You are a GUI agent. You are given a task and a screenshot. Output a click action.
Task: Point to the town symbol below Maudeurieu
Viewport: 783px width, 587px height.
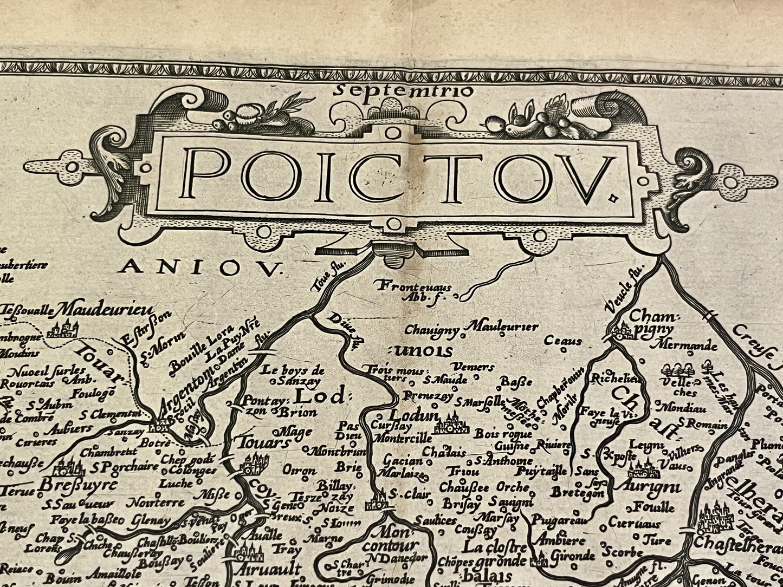point(62,327)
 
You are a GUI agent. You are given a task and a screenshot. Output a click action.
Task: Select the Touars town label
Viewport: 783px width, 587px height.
point(261,442)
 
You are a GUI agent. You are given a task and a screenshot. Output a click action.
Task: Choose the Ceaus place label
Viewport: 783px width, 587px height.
point(563,341)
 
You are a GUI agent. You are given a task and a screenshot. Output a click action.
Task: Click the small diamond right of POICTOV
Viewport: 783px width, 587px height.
point(613,199)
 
